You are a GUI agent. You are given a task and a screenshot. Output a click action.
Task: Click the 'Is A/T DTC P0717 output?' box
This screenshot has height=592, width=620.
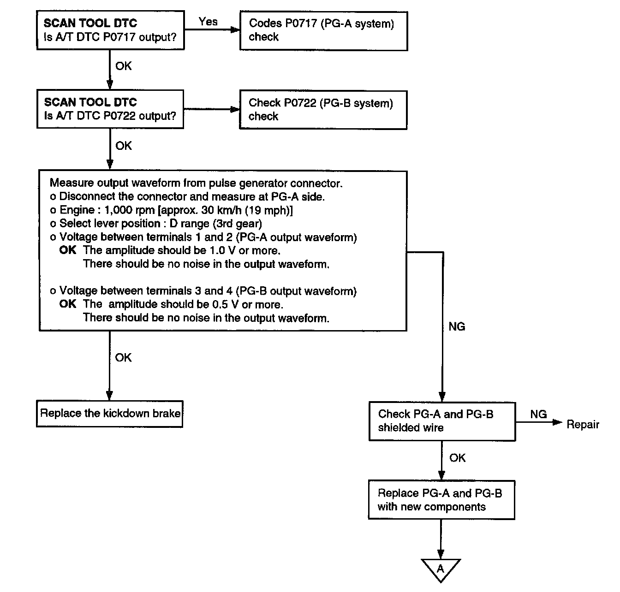point(110,30)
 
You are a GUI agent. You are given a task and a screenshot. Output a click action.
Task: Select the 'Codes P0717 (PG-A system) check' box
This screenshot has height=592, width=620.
point(324,31)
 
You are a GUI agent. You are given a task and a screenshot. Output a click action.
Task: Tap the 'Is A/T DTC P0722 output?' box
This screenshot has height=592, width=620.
point(110,109)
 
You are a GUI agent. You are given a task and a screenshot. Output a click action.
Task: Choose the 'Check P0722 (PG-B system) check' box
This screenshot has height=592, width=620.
point(323,110)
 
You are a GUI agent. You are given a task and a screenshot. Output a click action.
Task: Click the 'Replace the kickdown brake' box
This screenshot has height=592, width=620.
point(110,414)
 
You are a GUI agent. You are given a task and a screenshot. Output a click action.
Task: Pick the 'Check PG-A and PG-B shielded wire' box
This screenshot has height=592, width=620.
point(442,421)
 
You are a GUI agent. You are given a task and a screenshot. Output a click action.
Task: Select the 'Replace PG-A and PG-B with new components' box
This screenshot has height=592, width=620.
point(441,500)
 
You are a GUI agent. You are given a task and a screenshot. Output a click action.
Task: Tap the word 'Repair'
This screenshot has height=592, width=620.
point(583,425)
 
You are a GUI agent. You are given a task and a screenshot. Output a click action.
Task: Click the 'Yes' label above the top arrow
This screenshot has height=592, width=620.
point(208,22)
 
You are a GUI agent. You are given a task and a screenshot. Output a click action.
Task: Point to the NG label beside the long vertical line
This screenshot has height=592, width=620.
point(457,326)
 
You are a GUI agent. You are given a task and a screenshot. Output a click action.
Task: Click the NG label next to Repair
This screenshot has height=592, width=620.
point(538,414)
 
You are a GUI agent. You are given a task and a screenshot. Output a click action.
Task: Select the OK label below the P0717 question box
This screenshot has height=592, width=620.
point(123,66)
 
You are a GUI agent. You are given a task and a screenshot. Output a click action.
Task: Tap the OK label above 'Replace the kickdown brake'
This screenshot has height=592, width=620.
point(123,358)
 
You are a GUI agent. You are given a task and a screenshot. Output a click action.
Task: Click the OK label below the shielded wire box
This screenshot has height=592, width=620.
point(457,458)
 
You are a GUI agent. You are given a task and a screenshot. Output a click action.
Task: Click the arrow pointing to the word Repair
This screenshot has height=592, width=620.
point(539,422)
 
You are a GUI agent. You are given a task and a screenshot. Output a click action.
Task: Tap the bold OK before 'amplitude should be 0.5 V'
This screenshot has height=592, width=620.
point(67,304)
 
